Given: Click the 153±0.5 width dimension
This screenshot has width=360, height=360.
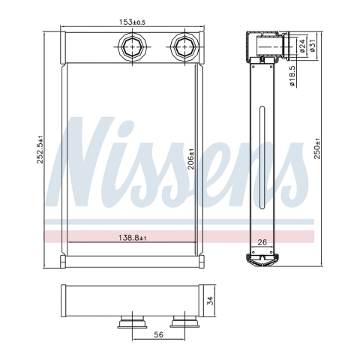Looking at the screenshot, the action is click(x=132, y=22).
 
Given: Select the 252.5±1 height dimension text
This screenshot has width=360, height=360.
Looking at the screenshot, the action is click(x=40, y=149).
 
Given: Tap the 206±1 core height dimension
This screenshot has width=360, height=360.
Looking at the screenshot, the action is click(x=191, y=159).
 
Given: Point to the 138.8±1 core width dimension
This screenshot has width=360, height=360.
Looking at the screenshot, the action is click(x=132, y=238).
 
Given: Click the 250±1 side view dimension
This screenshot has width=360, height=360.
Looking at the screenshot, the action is click(x=317, y=148).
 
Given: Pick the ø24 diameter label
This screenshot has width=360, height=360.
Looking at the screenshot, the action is click(x=302, y=46).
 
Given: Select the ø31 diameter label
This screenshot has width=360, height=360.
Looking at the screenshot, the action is click(x=312, y=46).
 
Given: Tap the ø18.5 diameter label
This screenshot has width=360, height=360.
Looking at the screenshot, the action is click(x=292, y=76).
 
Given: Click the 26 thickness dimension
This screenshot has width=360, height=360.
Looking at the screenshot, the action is click(x=262, y=242).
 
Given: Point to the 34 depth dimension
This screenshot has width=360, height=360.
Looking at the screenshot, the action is click(x=211, y=301).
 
